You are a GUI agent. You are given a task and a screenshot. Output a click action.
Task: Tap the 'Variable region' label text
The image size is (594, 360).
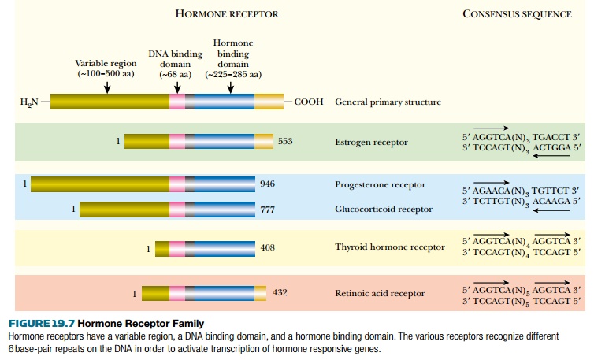tap(106, 63)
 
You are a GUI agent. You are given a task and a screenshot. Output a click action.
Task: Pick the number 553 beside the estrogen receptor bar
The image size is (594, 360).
tap(285, 141)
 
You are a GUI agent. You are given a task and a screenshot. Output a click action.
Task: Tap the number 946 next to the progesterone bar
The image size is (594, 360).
tap(267, 184)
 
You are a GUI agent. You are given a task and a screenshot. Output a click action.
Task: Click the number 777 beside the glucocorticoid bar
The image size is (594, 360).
tap(267, 210)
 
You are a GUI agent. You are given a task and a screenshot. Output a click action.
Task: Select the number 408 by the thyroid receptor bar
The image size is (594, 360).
tap(267, 248)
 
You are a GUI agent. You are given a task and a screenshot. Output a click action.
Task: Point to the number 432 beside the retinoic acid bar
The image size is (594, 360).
tap(280, 292)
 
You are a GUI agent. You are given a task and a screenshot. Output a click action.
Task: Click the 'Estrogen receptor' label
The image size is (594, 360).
tap(371, 143)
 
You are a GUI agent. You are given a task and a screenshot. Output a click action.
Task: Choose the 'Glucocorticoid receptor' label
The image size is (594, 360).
tap(383, 209)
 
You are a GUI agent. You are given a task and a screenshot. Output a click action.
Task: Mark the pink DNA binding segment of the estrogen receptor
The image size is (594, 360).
tap(176, 142)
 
